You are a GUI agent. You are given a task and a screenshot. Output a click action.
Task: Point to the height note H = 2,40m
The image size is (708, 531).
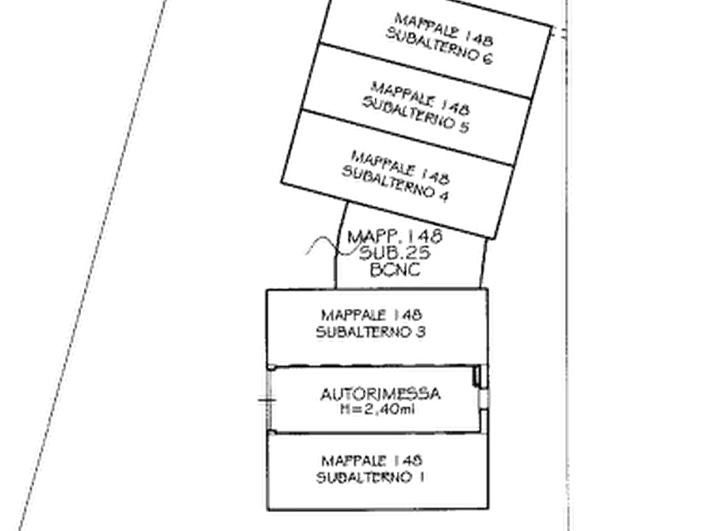pyautogui.click(x=379, y=409)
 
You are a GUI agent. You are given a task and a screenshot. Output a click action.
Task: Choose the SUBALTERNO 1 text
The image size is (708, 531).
pyautogui.click(x=373, y=478)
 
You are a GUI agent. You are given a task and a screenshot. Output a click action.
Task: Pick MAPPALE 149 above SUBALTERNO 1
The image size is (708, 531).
pyautogui.click(x=373, y=460)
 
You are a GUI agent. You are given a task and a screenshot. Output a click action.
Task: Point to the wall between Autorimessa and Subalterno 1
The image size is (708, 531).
pyautogui.click(x=341, y=431)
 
